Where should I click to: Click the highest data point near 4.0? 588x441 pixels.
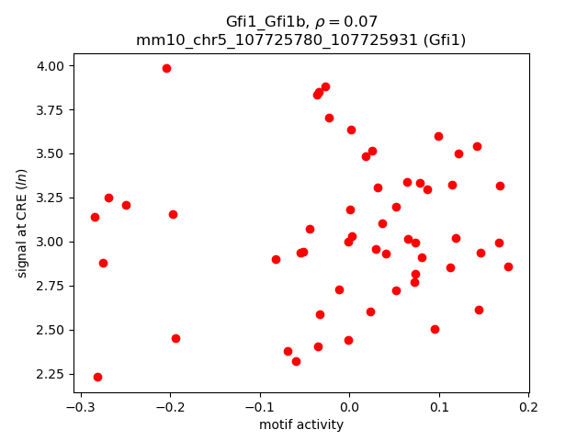click(166, 68)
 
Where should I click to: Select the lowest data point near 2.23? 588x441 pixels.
click(97, 377)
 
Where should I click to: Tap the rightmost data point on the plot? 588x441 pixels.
click(508, 266)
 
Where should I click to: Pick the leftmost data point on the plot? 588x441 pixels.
click(95, 217)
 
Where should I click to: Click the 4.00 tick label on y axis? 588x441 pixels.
click(51, 66)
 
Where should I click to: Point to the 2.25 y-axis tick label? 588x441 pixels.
click(51, 374)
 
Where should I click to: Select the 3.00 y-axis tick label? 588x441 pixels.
click(51, 242)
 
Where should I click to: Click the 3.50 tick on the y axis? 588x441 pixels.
click(51, 153)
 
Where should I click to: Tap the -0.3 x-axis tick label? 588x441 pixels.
click(80, 407)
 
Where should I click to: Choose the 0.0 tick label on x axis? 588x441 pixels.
click(349, 407)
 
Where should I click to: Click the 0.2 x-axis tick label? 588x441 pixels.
click(528, 407)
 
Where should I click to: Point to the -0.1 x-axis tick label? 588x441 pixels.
click(259, 407)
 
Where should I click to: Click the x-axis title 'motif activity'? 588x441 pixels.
click(301, 424)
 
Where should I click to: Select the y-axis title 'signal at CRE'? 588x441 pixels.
click(23, 222)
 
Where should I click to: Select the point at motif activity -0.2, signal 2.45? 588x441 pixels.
click(175, 338)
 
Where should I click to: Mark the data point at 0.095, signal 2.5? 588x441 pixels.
click(435, 329)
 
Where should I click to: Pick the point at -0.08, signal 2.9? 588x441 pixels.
click(276, 259)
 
